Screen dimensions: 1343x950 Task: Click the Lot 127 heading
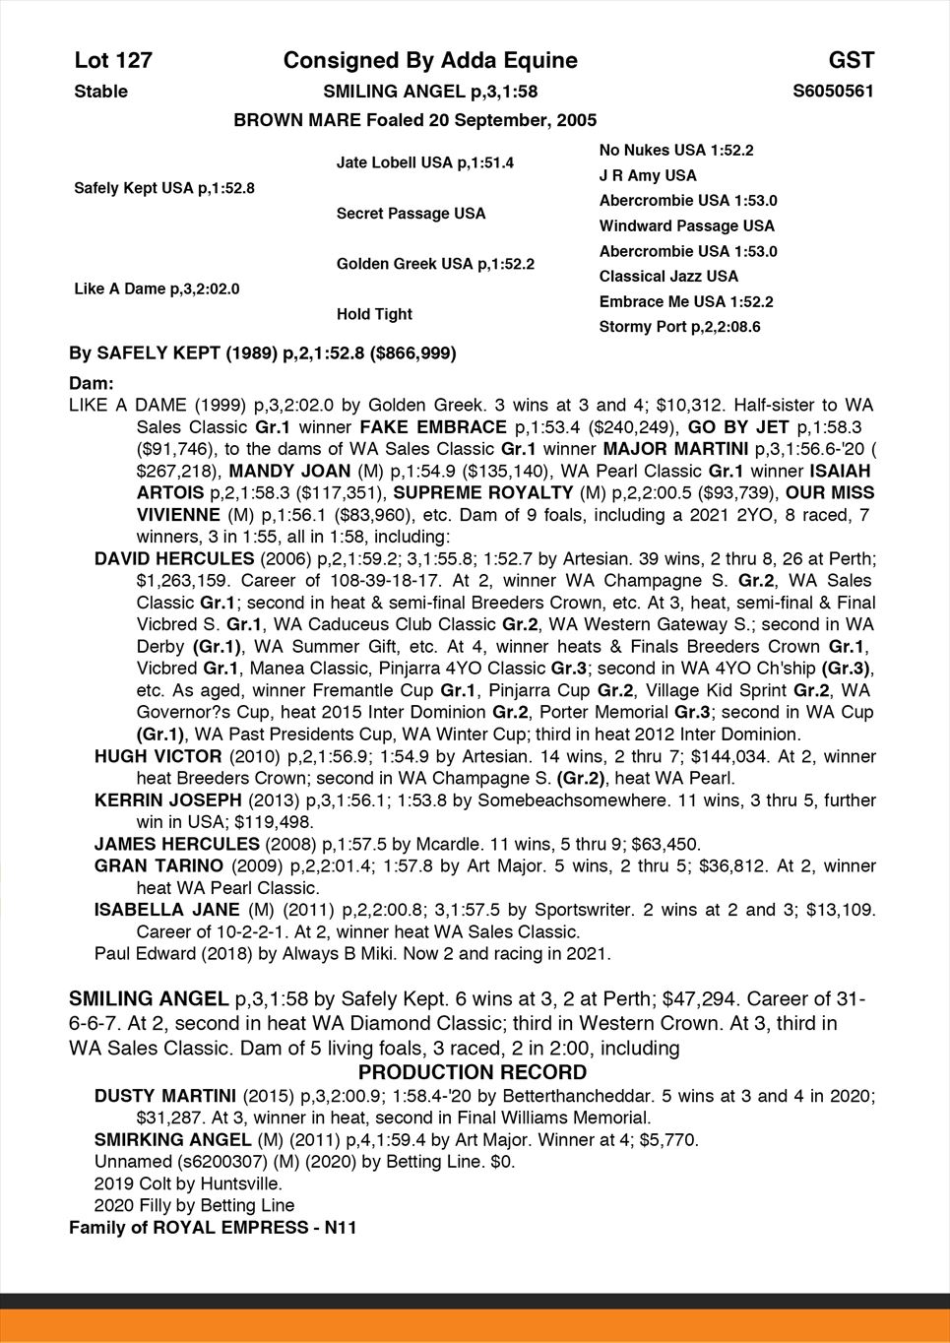113,61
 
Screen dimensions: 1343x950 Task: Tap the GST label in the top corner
851,61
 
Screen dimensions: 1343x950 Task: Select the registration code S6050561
833,92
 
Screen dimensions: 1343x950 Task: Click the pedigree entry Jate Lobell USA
424,162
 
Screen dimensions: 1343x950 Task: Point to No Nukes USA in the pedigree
675,151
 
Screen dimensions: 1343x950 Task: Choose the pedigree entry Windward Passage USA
686,226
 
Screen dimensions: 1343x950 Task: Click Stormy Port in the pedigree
679,327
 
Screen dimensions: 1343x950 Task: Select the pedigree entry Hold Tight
374,314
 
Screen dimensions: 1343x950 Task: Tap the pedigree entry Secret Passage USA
411,214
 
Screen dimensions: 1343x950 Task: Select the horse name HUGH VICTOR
158,756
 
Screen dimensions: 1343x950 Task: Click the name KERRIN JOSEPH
167,799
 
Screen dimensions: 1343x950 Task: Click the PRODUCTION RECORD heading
473,1072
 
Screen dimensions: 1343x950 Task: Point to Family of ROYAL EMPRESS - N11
213,1228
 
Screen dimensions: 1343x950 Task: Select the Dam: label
92,382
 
